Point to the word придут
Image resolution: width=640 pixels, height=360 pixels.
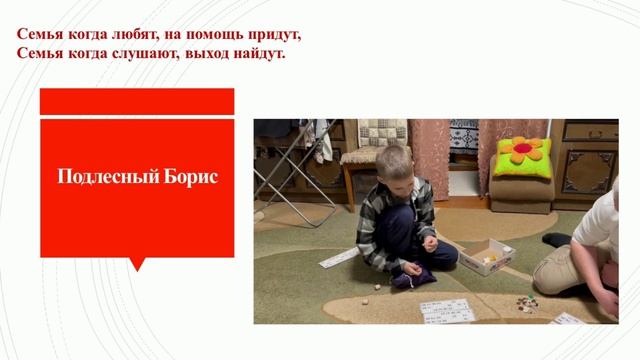point(274,34)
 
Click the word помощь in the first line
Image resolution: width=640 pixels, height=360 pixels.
point(219,34)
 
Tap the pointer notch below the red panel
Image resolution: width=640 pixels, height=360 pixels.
point(137,264)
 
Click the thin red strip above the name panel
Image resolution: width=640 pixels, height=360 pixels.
point(137,101)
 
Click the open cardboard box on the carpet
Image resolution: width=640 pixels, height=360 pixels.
point(486,255)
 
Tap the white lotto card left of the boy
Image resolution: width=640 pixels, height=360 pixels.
point(337,258)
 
